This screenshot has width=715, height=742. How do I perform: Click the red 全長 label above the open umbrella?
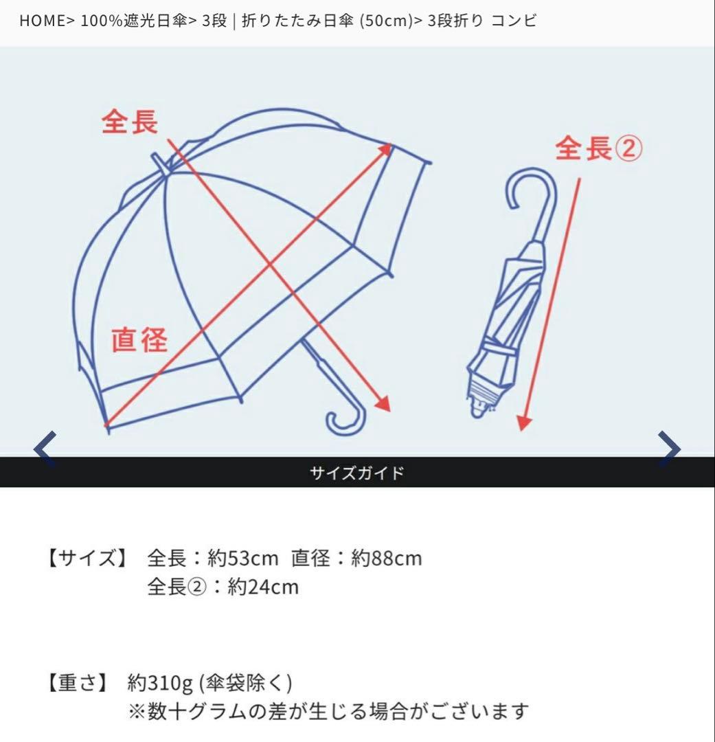point(130,122)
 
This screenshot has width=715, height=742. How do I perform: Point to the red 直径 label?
point(139,339)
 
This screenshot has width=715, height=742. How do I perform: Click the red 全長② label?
point(598,148)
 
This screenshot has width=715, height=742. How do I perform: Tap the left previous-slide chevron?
point(45,449)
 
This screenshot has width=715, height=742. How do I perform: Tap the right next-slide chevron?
point(669,449)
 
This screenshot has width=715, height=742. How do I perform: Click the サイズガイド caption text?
point(357,473)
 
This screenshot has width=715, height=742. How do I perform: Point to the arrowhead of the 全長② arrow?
point(524,424)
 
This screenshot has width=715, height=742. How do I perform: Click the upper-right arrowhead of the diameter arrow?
point(386,149)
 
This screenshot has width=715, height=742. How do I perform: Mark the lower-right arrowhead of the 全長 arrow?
point(383,405)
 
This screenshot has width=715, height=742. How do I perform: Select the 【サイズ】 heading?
point(87,558)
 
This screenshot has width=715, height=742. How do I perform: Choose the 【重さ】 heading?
point(78,683)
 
